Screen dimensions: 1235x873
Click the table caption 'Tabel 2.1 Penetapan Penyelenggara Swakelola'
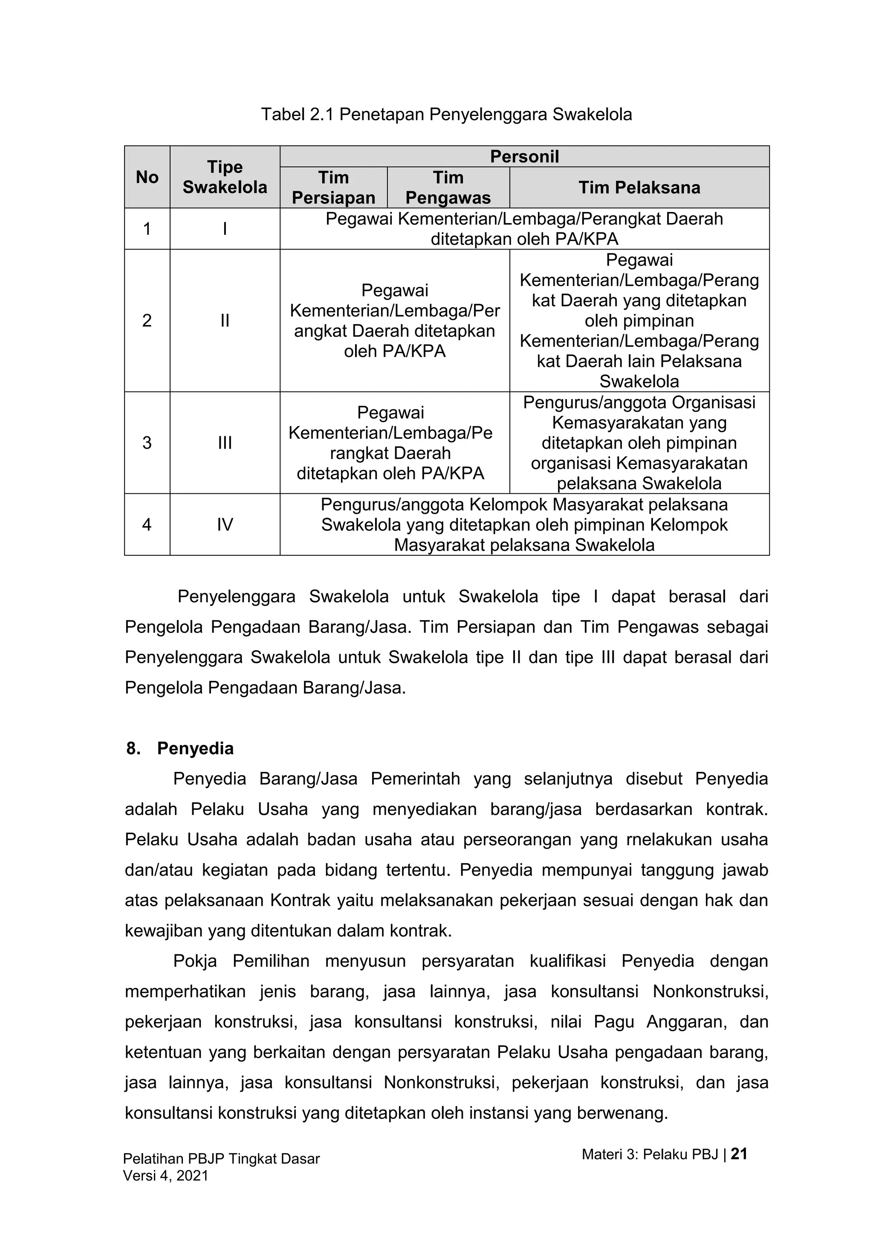tap(446, 115)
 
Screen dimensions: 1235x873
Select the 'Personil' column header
tap(524, 157)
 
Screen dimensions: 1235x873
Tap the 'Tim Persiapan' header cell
tap(333, 187)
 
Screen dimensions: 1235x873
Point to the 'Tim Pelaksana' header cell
tap(639, 187)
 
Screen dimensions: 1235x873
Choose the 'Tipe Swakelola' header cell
tap(225, 177)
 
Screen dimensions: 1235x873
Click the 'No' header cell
tap(147, 177)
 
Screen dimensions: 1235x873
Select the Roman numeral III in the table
tap(225, 443)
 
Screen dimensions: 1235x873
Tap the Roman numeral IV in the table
tap(225, 525)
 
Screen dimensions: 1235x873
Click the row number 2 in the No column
tap(147, 321)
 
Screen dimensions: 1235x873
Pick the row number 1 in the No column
tap(147, 229)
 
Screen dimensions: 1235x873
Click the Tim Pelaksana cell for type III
tap(639, 443)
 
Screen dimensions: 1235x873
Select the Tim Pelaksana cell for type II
tap(639, 321)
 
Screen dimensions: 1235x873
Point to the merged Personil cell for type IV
tap(524, 525)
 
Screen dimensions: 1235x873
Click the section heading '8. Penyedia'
tap(180, 748)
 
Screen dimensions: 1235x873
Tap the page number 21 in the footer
tap(739, 1154)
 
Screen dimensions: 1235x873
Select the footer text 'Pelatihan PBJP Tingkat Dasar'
tap(222, 1159)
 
